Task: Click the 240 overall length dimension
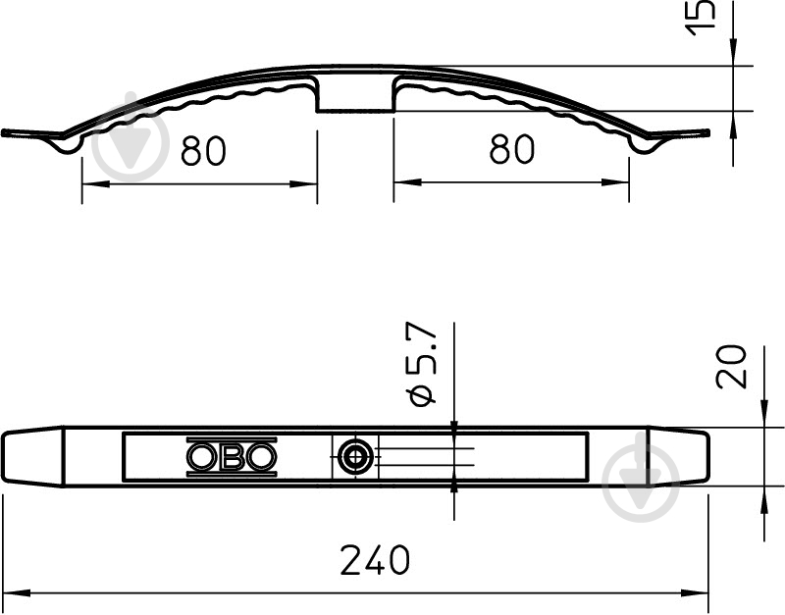[x=375, y=560]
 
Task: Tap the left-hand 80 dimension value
[x=203, y=150]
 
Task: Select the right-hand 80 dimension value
[x=511, y=149]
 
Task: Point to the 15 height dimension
[x=700, y=18]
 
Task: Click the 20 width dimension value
[x=731, y=366]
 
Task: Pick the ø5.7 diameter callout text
[x=423, y=364]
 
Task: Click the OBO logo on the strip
[x=232, y=456]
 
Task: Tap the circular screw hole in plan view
[x=355, y=457]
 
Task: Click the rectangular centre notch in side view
[x=355, y=94]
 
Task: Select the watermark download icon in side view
[x=131, y=136]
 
